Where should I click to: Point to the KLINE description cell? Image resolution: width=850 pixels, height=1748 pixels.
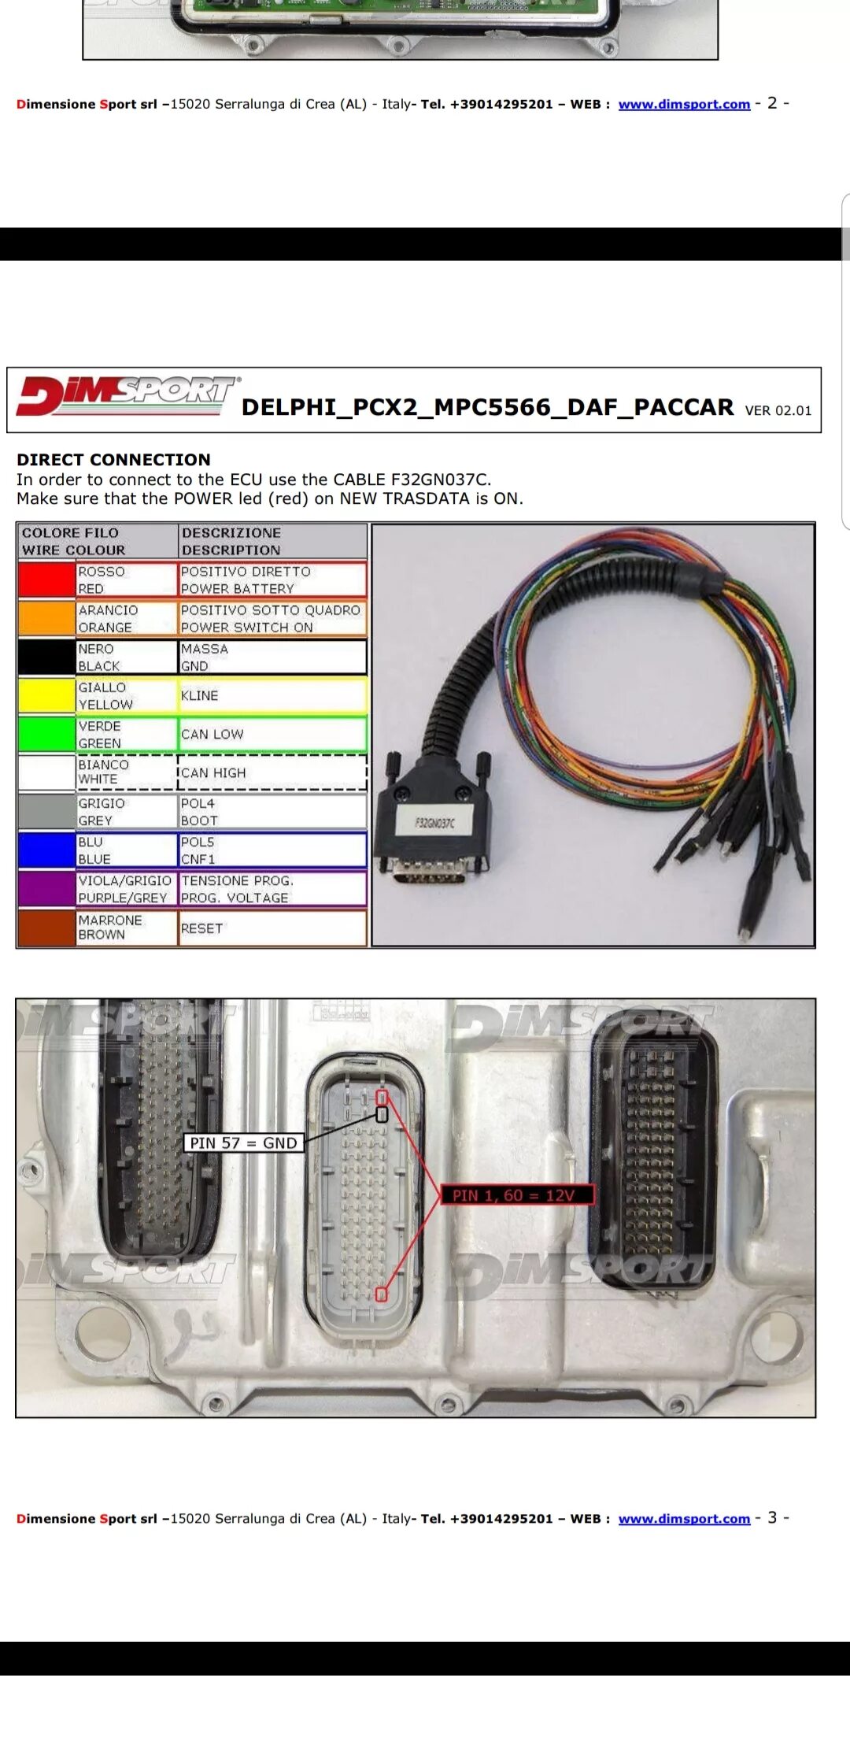[272, 696]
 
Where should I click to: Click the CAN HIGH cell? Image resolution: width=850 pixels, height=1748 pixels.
[272, 773]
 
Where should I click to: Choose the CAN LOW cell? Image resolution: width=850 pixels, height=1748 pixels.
[272, 735]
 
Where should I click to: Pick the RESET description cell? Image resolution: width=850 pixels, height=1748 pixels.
[272, 928]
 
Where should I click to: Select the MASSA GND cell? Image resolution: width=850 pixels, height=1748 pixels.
[272, 657]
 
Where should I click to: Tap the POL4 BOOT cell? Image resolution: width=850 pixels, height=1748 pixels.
[272, 812]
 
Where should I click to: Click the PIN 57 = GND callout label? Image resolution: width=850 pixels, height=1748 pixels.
[243, 1142]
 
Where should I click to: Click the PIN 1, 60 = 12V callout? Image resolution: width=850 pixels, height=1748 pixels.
[514, 1195]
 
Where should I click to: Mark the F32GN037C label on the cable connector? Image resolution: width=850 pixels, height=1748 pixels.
[434, 823]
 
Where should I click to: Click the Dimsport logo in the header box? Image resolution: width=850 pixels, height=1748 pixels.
[126, 396]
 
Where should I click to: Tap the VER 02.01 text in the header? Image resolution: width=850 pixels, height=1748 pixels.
[778, 410]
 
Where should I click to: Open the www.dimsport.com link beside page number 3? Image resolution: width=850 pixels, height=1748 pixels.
[684, 1519]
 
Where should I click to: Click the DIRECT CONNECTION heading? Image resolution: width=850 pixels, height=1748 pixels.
[113, 460]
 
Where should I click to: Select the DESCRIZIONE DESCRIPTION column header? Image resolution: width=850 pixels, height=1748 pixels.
[272, 542]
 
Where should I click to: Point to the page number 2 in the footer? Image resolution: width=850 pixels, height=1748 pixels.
[772, 103]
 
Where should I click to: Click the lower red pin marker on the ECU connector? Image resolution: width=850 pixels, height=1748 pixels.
[381, 1294]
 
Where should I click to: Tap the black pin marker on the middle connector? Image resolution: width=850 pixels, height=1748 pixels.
[382, 1114]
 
